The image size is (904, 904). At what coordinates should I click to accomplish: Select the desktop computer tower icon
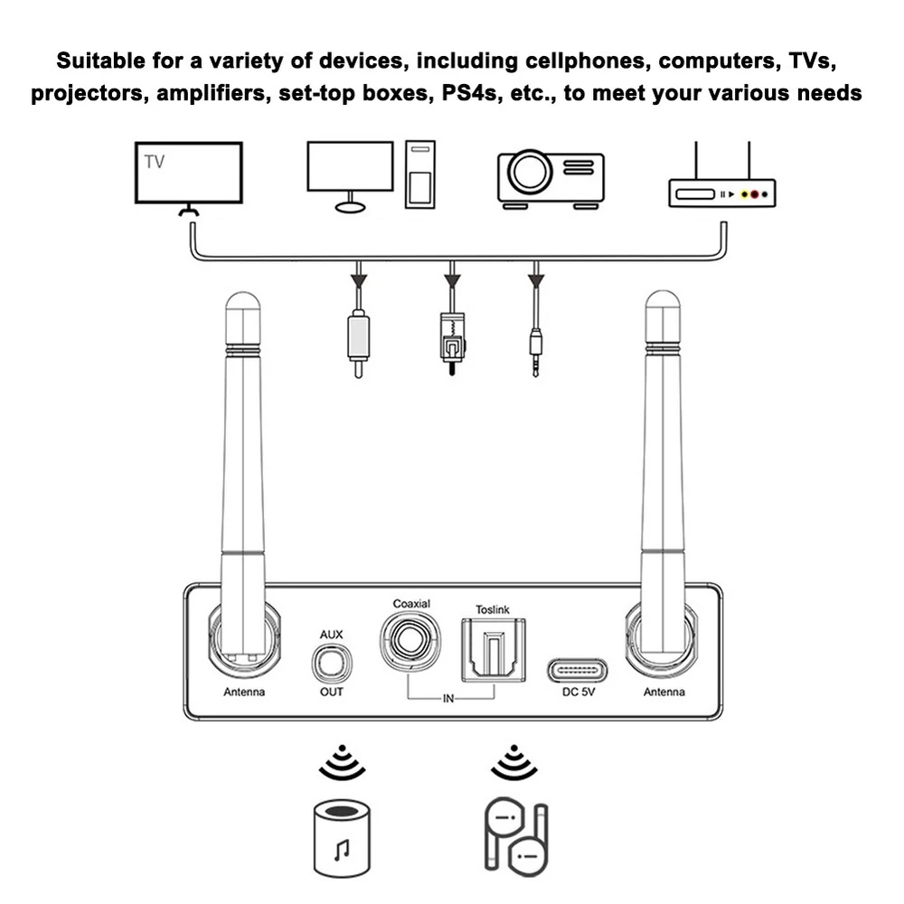coord(419,174)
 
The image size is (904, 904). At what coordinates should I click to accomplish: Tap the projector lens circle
coord(529,171)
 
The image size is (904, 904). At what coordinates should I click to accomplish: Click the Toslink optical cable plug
coord(453,343)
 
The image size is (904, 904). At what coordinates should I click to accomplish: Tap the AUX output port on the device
coord(332,663)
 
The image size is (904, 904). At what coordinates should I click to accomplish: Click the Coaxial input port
coord(410,641)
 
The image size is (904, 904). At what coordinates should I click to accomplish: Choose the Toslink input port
coord(494,650)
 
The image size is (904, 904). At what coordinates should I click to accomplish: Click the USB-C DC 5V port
coord(577,671)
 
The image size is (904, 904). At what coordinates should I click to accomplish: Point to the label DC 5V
coord(579,692)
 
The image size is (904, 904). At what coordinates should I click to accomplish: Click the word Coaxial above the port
coord(411,604)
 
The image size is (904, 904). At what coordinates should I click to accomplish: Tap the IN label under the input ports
coord(448,699)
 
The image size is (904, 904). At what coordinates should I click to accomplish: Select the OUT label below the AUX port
coord(332,692)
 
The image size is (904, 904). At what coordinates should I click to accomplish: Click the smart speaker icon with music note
coord(342,838)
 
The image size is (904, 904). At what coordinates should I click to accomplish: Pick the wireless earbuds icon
coord(515,837)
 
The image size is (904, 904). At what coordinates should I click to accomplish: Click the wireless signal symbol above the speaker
coord(342,762)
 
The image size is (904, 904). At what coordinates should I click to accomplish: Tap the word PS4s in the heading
coord(468,93)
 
